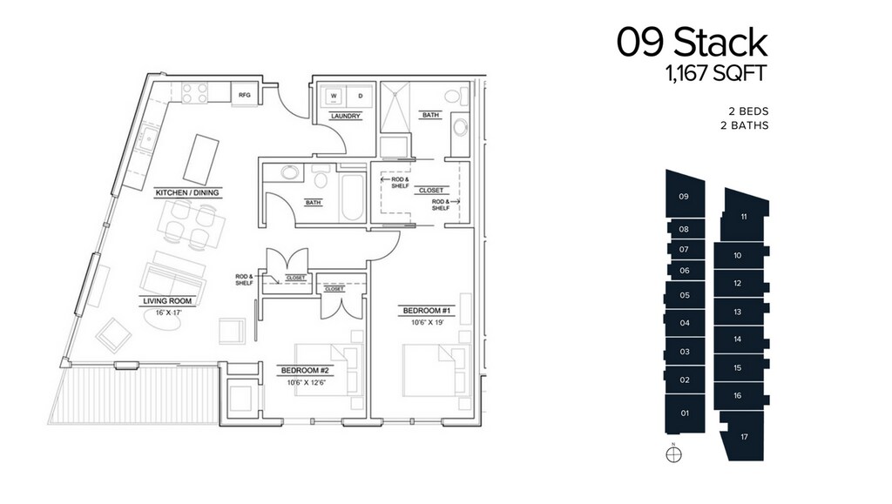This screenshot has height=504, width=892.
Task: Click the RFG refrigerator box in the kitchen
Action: [245, 95]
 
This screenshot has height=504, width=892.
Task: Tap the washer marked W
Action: [334, 96]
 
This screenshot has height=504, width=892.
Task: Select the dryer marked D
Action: [360, 96]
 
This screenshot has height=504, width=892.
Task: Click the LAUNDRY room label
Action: [345, 116]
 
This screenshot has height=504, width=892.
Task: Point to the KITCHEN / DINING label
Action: [187, 192]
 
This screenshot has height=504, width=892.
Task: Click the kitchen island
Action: [201, 157]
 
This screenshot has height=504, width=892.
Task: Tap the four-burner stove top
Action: [194, 93]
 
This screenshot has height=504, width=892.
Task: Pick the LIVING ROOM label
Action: [167, 301]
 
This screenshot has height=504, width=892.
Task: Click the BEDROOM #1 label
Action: [427, 311]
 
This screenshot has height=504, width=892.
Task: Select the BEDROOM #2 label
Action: [305, 371]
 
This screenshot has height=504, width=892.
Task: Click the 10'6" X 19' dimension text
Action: [427, 323]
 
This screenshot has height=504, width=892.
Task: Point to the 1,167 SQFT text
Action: [717, 73]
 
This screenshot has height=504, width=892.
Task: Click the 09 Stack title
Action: [693, 42]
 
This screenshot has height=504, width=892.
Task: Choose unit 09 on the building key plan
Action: [685, 194]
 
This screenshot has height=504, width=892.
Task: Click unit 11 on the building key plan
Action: [745, 215]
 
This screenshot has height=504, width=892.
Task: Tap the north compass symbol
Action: [673, 454]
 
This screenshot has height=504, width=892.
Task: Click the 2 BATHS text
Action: [744, 125]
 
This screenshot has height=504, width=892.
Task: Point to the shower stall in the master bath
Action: [395, 109]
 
